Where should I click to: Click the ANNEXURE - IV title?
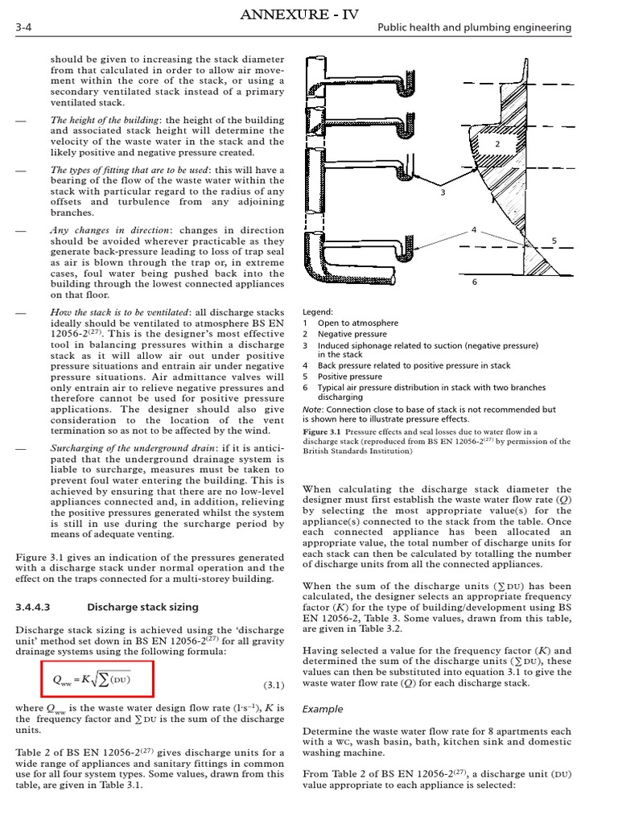pos(308,11)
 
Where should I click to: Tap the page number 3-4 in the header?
pos(23,28)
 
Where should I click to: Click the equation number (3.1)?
pos(274,686)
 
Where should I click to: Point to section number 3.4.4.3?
pos(39,607)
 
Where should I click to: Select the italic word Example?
pos(322,709)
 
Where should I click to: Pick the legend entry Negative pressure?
pos(352,334)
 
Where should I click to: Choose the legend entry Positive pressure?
pos(350,376)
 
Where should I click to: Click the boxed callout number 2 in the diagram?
pos(498,143)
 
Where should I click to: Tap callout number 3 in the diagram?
pos(442,193)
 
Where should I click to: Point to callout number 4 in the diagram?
pos(474,230)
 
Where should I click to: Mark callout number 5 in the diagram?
pos(554,241)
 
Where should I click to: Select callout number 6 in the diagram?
pos(474,282)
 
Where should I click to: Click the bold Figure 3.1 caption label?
pos(321,431)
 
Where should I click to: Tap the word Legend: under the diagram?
pos(318,311)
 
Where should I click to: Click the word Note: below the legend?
pos(313,409)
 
